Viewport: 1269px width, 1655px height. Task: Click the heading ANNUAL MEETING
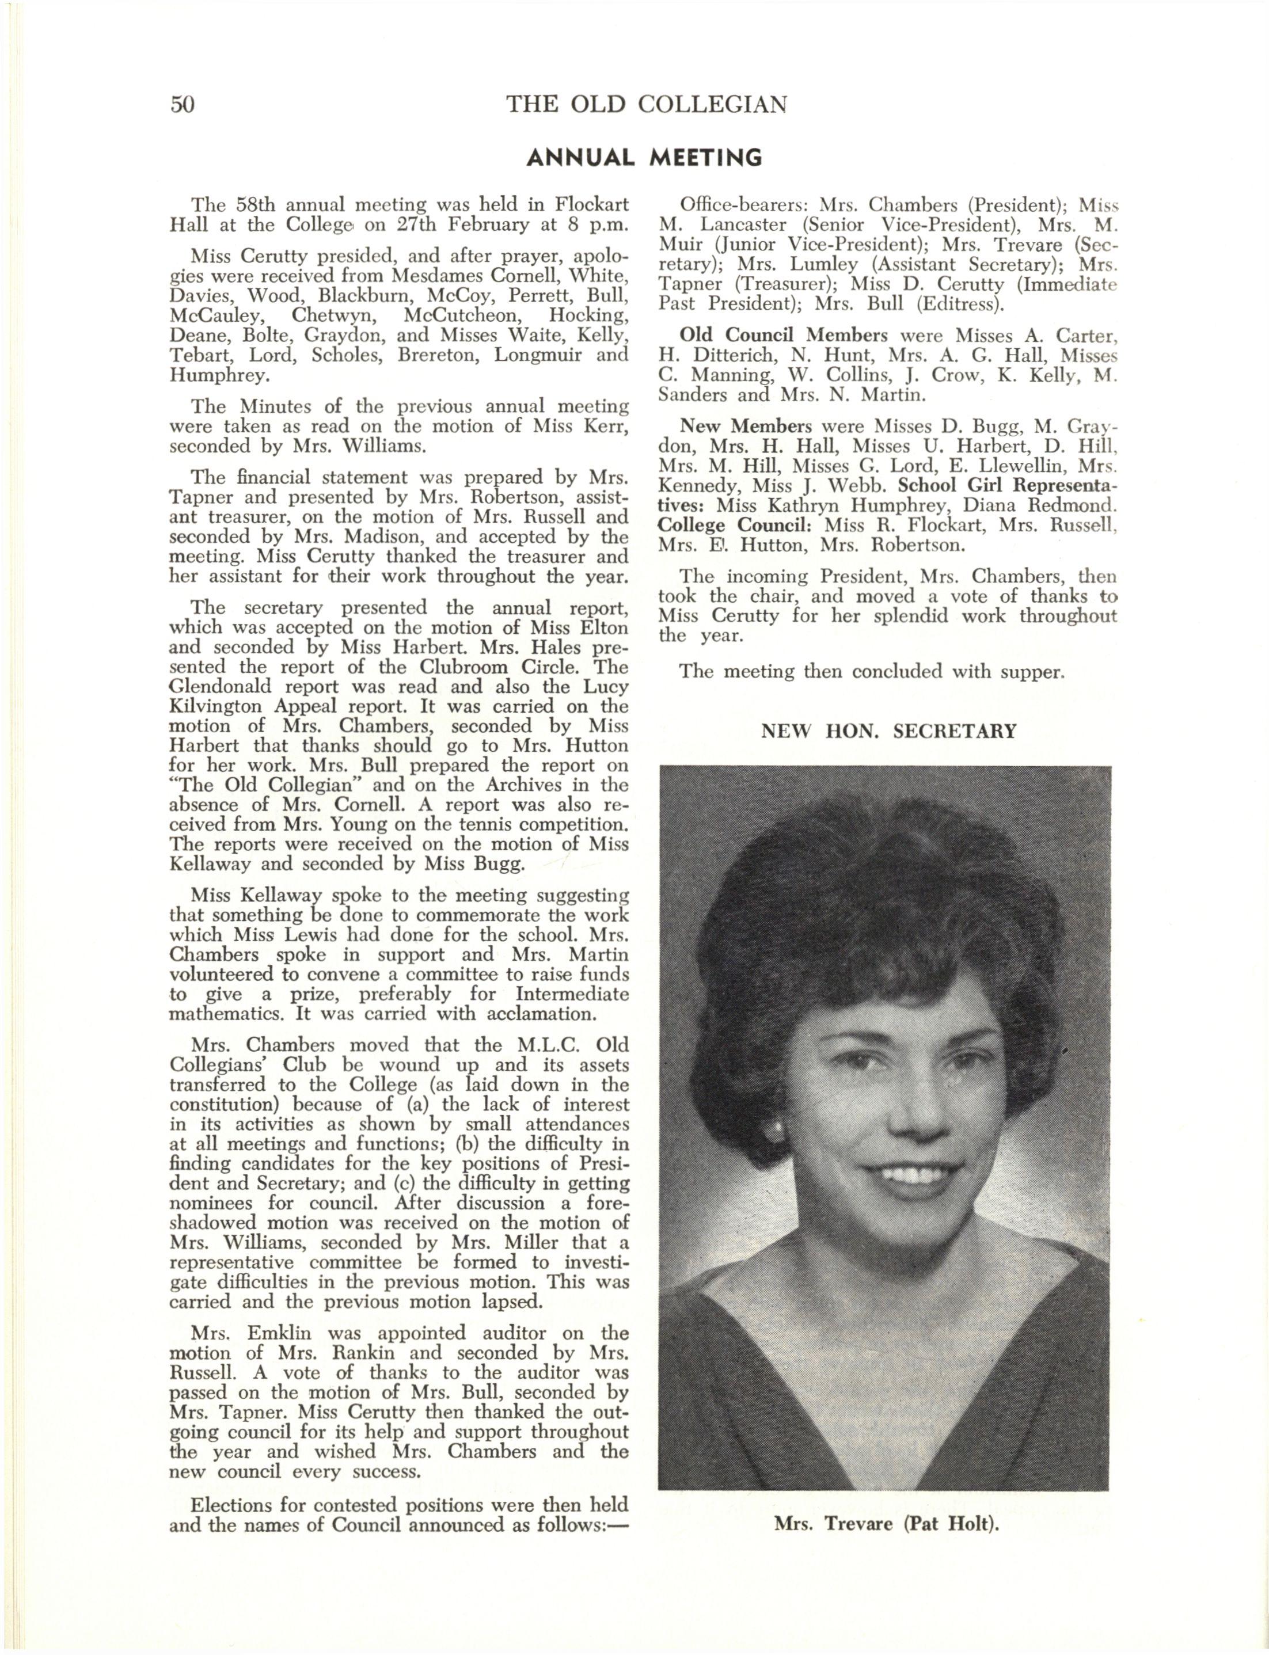click(x=644, y=158)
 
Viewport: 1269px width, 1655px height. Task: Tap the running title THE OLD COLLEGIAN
click(x=647, y=104)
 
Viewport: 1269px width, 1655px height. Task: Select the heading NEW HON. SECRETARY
click(x=888, y=732)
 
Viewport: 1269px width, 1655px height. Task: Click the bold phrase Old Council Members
click(x=783, y=335)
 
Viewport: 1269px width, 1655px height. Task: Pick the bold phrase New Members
click(x=746, y=426)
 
